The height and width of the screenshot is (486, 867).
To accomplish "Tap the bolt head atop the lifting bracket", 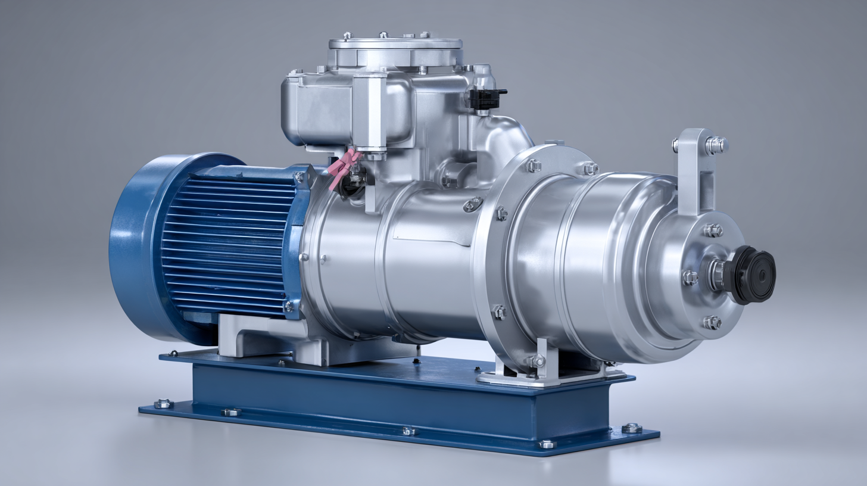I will pos(716,145).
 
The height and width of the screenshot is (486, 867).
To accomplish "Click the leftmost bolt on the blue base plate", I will pos(163,404).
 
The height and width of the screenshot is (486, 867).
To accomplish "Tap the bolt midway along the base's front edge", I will pos(408,430).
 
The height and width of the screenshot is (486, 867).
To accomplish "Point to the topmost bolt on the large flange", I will pos(533,165).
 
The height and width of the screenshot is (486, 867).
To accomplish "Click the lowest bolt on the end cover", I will pos(712,322).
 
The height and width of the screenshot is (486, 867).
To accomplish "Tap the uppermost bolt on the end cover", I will pos(712,230).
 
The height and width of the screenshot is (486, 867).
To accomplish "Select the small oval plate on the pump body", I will pos(473,204).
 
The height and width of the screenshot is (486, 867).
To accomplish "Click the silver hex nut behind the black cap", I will pos(718,274).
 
